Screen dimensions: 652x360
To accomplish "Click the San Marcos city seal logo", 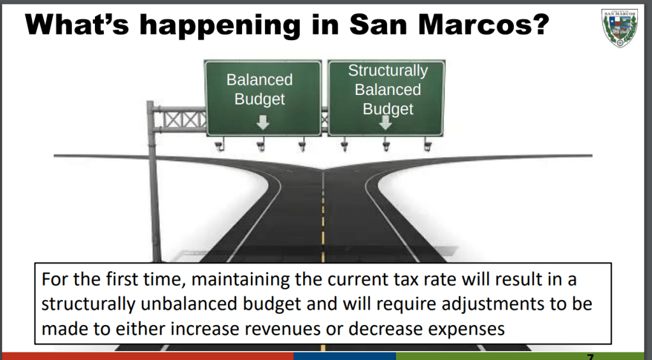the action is click(x=619, y=28).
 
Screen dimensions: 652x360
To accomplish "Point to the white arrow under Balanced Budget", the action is click(x=262, y=122).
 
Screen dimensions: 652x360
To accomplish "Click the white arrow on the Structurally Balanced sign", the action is click(x=385, y=122).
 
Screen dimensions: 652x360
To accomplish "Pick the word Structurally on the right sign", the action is click(x=388, y=71).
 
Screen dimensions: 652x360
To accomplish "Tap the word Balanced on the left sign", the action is click(x=260, y=80).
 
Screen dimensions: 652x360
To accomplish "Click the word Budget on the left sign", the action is click(x=260, y=99).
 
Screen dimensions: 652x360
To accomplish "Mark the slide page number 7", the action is click(x=590, y=357).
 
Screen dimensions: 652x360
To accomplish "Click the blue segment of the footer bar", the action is click(x=344, y=356).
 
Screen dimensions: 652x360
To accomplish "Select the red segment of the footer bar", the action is click(x=147, y=356).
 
